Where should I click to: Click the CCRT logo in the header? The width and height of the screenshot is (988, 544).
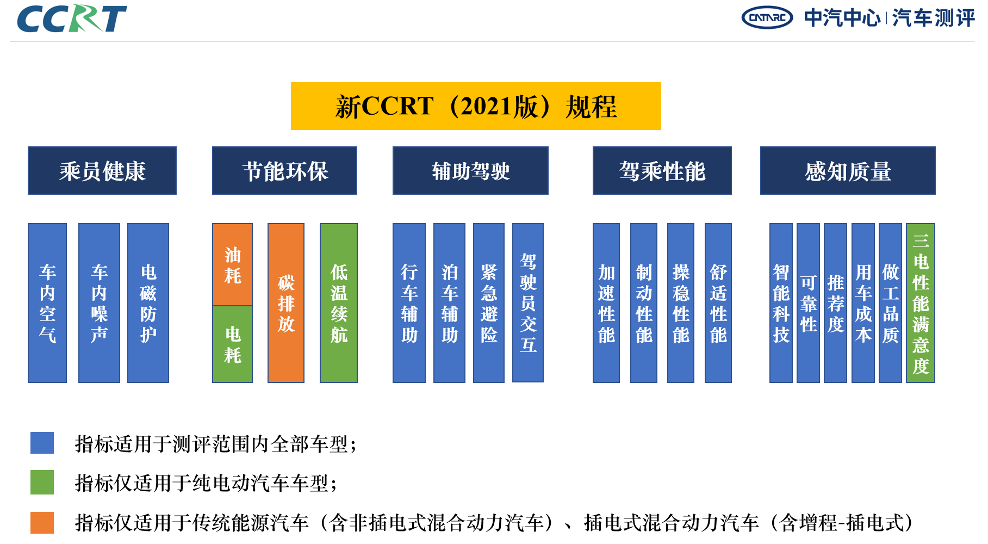[72, 18]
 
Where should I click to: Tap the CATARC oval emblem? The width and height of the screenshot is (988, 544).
[767, 17]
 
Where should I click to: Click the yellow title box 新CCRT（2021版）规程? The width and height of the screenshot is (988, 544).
[476, 106]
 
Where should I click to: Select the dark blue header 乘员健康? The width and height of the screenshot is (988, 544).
[102, 171]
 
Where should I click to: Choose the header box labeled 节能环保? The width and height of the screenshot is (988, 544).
[284, 171]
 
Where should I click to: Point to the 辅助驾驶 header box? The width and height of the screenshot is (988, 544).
[470, 171]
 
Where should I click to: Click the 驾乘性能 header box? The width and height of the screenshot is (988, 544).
[662, 171]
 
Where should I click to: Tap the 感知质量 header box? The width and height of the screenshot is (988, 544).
[848, 171]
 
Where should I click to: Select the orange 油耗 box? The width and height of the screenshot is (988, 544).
[232, 264]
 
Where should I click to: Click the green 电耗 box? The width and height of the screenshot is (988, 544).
[232, 344]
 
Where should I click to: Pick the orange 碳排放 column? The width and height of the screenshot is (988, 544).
[286, 303]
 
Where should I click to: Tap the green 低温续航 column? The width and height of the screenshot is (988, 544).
[339, 303]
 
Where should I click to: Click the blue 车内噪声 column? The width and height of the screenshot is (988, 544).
[99, 303]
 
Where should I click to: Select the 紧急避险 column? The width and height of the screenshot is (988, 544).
[489, 303]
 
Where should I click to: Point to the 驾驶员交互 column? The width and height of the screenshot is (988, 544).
[528, 303]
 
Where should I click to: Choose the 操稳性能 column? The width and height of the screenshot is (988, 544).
[681, 303]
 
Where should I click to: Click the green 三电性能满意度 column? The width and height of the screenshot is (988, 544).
[921, 303]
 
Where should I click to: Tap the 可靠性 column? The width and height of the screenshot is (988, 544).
[808, 303]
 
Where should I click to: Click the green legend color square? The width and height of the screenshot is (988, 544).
[42, 482]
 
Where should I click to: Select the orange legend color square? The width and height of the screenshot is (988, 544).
[42, 522]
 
